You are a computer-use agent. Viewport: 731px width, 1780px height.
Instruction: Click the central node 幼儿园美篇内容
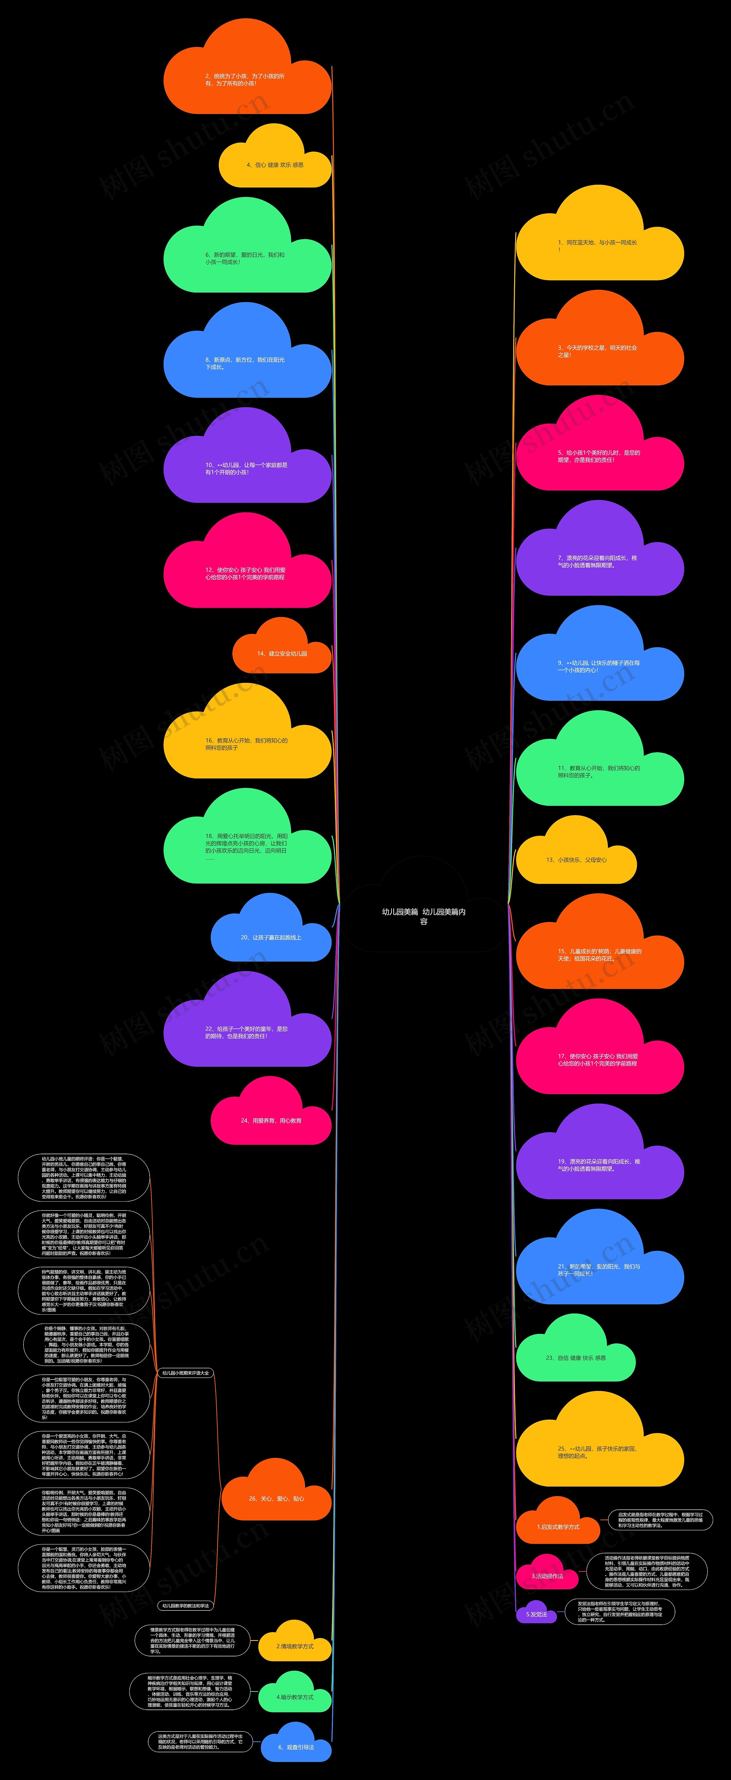423,916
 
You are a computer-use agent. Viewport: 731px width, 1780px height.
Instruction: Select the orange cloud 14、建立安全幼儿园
282,653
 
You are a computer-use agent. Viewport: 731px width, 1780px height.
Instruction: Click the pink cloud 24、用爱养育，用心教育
271,1120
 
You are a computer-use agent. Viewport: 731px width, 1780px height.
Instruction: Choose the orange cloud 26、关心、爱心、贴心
276,1498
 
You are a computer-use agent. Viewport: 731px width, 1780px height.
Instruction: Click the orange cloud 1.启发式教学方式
558,1526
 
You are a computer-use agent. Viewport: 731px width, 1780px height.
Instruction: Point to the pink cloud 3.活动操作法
547,1576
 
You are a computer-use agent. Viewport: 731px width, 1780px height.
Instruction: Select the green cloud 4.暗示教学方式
295,1696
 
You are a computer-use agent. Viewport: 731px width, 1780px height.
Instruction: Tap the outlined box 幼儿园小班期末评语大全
185,1372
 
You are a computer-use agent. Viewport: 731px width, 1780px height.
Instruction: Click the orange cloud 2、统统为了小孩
245,79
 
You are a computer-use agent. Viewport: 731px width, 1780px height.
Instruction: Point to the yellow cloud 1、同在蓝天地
598,245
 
